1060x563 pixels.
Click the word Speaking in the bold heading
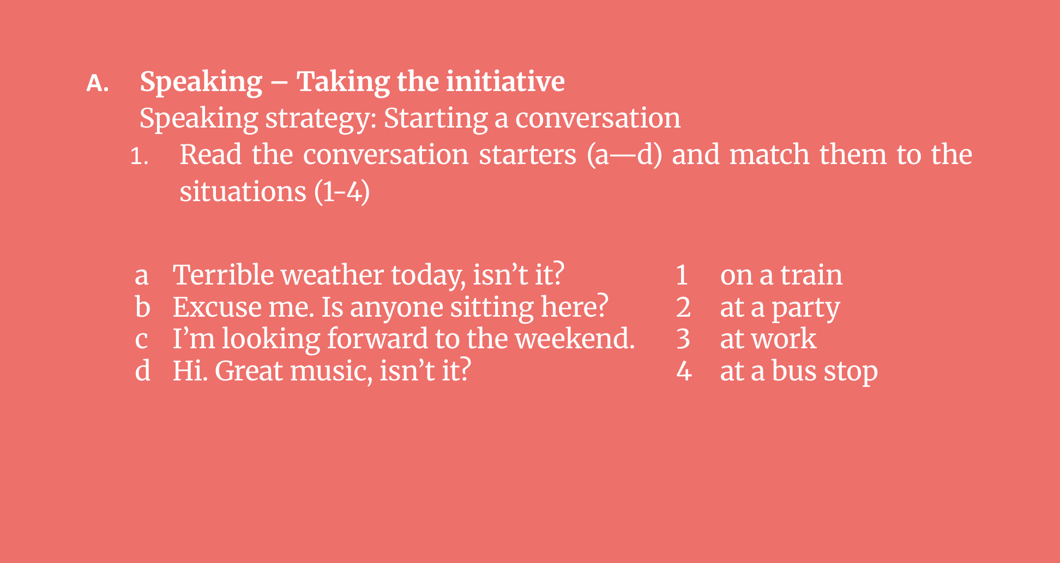coord(201,83)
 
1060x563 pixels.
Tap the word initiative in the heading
coord(505,81)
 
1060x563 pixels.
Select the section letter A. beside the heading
coord(98,83)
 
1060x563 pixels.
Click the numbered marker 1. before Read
coord(139,157)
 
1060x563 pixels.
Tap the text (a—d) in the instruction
coord(624,155)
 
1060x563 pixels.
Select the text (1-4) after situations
coord(342,192)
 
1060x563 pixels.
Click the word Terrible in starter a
coord(224,275)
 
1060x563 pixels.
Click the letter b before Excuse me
coord(142,307)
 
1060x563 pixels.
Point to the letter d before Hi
coord(143,371)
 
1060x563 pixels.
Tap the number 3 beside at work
coord(683,339)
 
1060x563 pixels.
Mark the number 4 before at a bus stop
coord(684,372)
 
